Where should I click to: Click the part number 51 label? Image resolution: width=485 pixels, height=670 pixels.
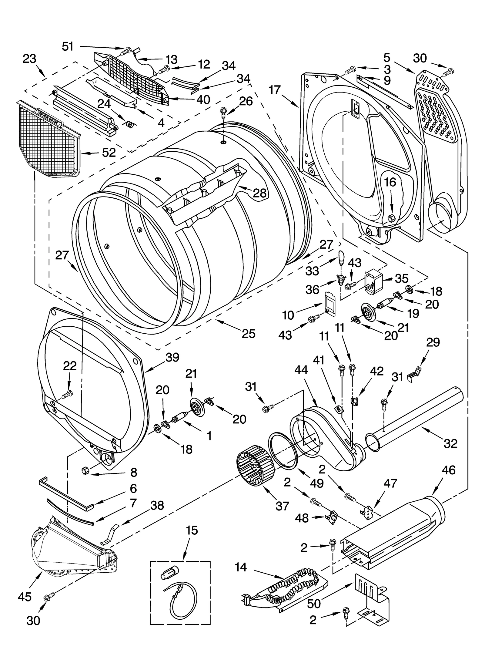pos(68,46)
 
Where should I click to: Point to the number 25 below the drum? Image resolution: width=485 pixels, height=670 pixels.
pos(248,334)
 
